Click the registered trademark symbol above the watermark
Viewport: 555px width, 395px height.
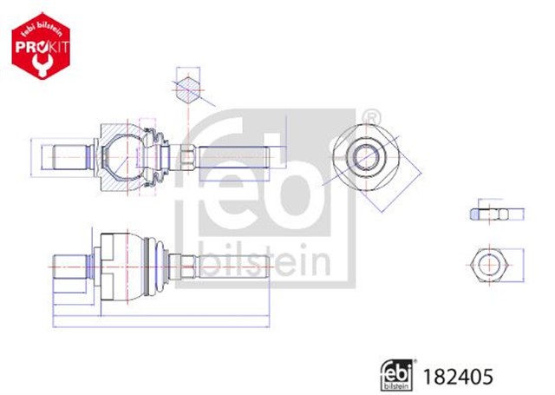click(x=369, y=116)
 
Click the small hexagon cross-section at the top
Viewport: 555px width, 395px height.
click(x=186, y=90)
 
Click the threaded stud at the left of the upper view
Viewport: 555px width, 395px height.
click(x=69, y=158)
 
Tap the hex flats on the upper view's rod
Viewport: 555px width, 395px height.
click(x=186, y=158)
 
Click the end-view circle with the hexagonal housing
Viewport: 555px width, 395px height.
click(x=366, y=157)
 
